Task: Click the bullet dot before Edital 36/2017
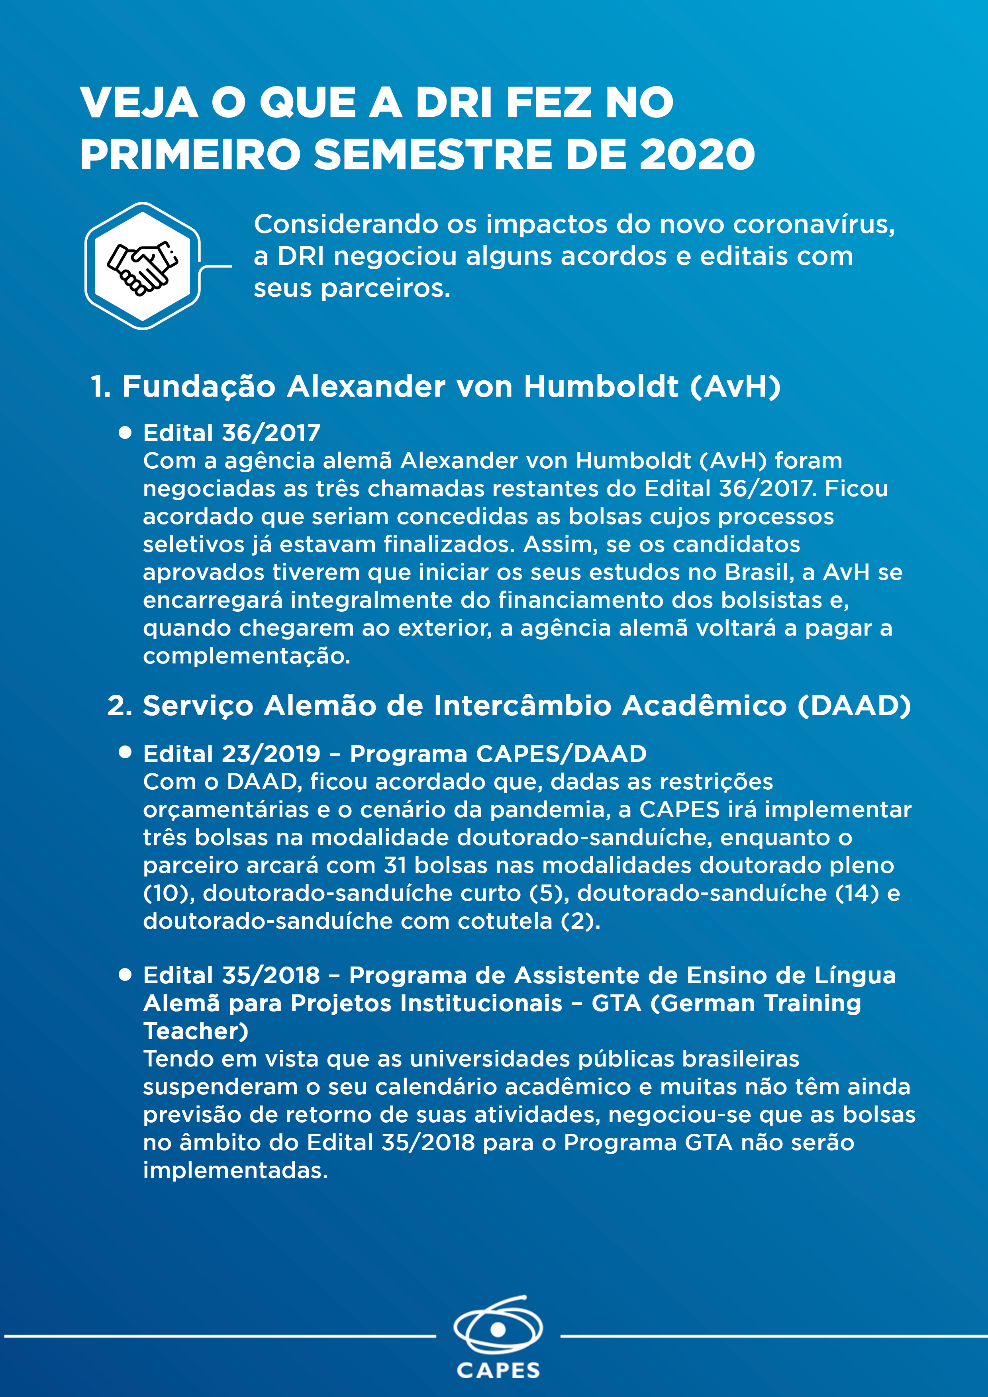[125, 432]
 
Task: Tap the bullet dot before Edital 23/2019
[125, 753]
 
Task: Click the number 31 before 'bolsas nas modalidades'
[394, 865]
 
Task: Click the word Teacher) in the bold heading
[195, 1031]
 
